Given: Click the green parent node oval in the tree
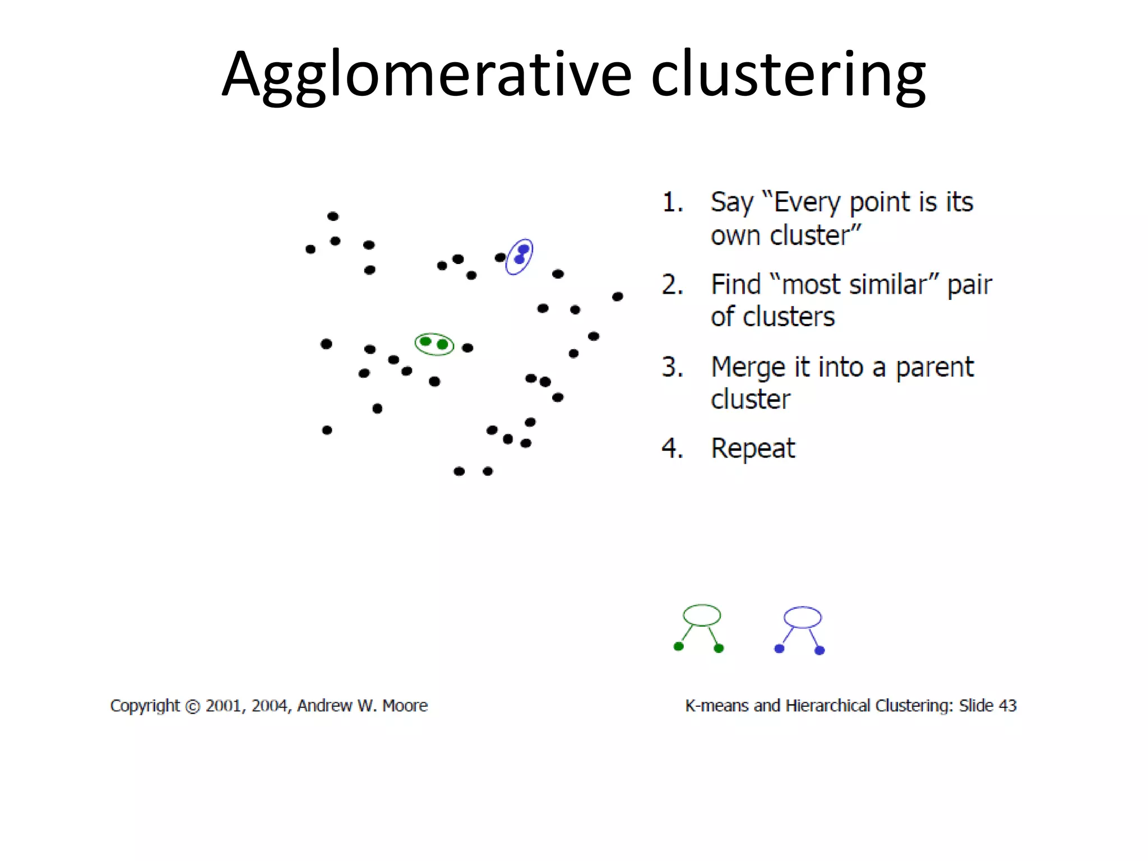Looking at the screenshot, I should point(702,615).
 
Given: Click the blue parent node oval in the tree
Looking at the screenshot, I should point(802,617).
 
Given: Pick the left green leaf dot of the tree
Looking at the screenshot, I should point(678,646).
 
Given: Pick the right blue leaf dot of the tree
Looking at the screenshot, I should point(819,650).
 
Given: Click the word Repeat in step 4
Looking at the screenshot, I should point(752,448).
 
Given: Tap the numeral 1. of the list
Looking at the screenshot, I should point(673,202).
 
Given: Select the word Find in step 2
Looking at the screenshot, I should point(735,285).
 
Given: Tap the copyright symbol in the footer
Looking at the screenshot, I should point(192,706).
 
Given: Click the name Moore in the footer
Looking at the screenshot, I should point(405,706).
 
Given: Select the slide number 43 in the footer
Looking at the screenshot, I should point(1007,706).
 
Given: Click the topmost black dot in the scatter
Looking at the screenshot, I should point(332,216).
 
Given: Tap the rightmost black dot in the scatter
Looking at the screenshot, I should point(617,297).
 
